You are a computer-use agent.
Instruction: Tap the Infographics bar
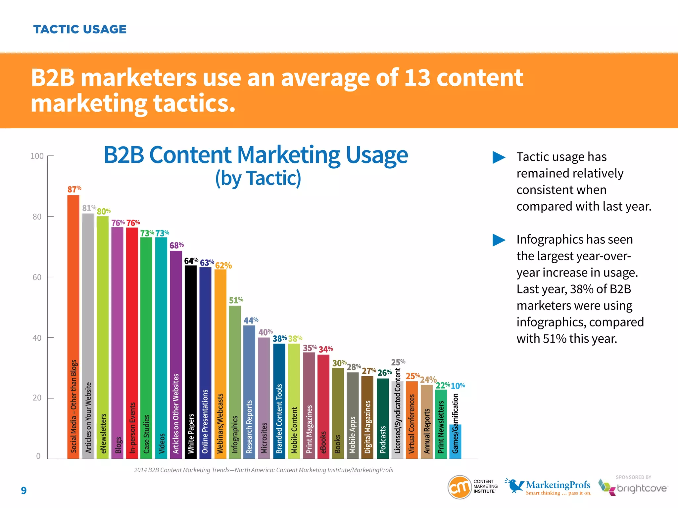point(235,380)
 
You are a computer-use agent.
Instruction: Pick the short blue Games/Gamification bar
point(455,442)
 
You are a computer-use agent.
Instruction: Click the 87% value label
point(74,189)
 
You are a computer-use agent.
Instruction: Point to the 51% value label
point(236,300)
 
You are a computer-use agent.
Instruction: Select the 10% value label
point(458,386)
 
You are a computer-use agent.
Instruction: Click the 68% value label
point(176,245)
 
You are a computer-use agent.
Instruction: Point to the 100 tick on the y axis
point(37,156)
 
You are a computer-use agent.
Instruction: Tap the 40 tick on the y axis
point(37,338)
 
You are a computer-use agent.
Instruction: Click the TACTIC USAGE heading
point(80,29)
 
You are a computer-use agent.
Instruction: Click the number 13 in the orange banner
point(417,78)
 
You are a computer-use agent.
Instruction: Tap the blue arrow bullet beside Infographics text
point(499,240)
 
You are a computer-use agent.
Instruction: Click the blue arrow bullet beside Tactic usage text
point(499,157)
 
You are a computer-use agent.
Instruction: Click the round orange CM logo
point(460,487)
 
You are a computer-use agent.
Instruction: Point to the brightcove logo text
point(642,488)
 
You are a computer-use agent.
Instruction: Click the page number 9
point(24,490)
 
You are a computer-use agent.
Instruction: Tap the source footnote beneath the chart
point(264,470)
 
